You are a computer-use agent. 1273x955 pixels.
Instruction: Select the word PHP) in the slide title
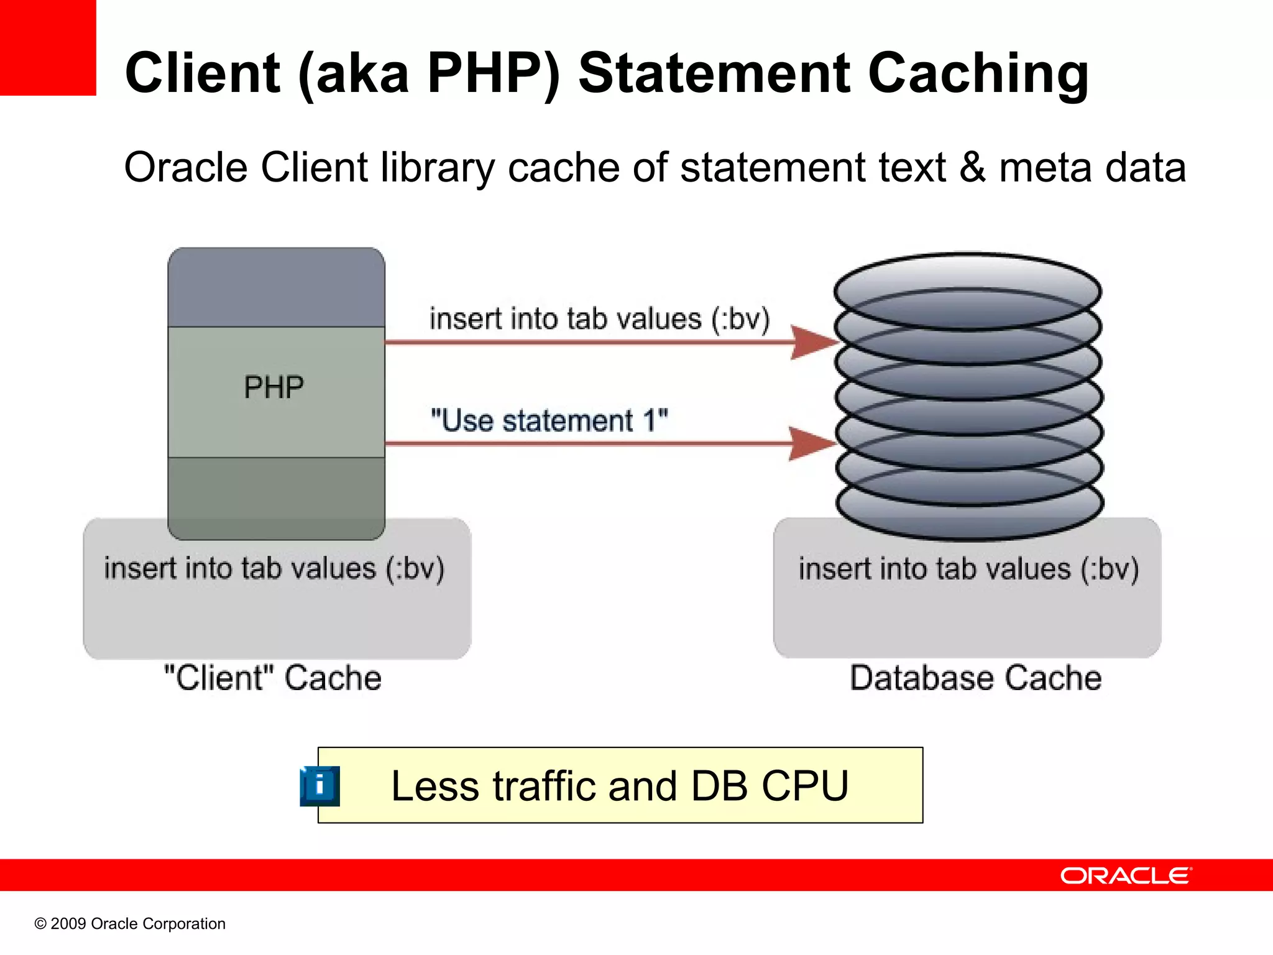pos(494,74)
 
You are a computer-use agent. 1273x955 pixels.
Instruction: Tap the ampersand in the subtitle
pos(972,168)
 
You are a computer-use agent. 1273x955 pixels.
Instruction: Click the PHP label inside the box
pos(273,388)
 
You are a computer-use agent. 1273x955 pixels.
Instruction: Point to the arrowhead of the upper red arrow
pos(814,342)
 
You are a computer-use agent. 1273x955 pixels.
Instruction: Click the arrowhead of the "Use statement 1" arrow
pos(813,443)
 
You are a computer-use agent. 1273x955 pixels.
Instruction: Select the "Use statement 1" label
pos(549,421)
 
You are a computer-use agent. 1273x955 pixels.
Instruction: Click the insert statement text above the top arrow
pos(599,319)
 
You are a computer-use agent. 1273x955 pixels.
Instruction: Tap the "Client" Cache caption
pos(272,678)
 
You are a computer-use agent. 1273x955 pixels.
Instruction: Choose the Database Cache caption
pos(975,678)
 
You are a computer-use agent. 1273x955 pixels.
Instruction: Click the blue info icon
pos(319,786)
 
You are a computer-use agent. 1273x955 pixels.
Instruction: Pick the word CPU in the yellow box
pos(805,786)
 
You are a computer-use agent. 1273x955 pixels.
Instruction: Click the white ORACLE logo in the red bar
pos(1126,875)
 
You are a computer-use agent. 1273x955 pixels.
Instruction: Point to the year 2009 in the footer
pos(68,924)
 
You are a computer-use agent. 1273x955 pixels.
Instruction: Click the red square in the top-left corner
pos(48,47)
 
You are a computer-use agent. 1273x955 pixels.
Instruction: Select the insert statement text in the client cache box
pos(274,568)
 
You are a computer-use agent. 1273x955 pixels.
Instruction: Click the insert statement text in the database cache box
pos(968,569)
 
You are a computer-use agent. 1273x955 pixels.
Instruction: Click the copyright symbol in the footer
pos(40,924)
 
